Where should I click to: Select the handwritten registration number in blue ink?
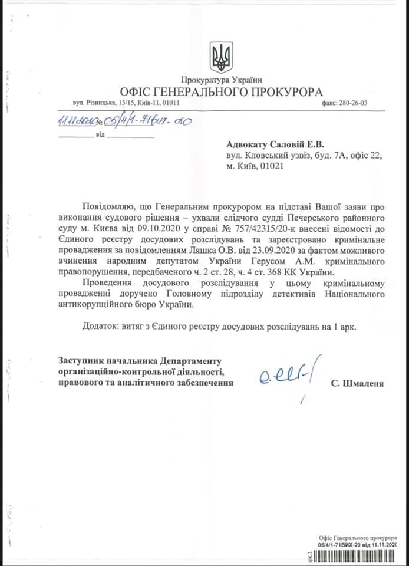[x=127, y=121]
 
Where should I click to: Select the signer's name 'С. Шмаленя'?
[x=357, y=383]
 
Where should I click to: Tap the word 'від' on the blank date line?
[x=100, y=136]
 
